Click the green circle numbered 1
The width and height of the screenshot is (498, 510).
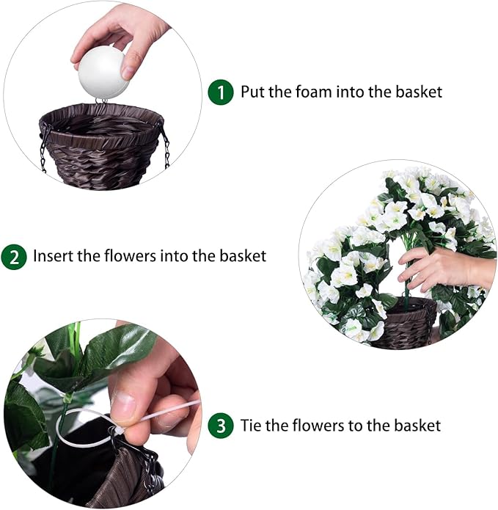coord(220,92)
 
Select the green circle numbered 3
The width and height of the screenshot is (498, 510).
coord(220,426)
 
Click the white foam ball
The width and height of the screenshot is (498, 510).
coord(102,74)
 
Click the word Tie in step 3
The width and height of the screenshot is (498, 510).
coord(251,426)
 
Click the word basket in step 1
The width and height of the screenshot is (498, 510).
coord(419,92)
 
